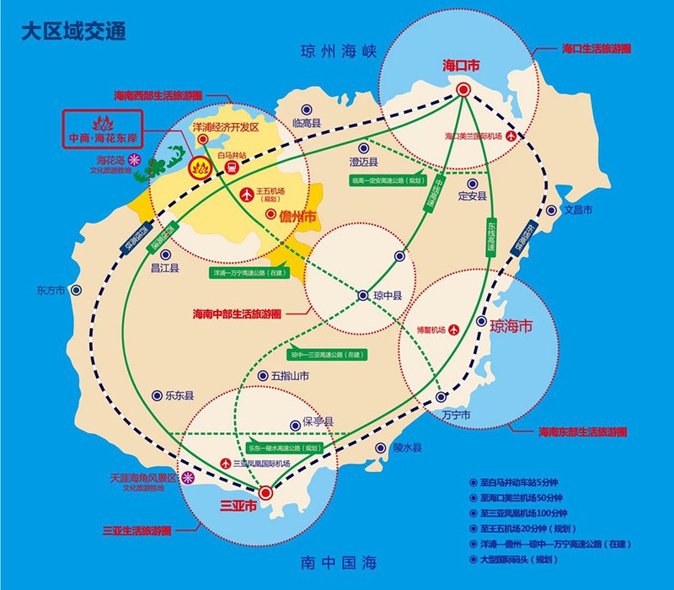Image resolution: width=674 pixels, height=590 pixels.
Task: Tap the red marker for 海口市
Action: point(463,89)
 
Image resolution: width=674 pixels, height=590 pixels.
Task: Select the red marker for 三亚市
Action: point(265,492)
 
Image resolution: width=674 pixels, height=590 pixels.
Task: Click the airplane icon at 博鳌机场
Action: point(455,330)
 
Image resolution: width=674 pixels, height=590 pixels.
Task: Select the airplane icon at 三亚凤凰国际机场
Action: point(226,464)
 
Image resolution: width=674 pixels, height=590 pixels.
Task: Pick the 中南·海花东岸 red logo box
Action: point(105,128)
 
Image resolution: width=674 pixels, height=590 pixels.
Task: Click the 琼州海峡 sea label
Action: point(336,52)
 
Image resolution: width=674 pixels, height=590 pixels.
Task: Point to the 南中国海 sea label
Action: point(336,561)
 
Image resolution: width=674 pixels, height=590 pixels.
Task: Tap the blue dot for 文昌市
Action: point(551,210)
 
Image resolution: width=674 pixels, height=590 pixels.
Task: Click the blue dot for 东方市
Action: point(77,290)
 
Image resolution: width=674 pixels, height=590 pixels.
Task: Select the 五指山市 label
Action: point(290,375)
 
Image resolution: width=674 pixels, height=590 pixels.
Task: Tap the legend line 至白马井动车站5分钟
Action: point(522,483)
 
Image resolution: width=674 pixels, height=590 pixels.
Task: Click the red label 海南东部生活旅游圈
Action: point(582,432)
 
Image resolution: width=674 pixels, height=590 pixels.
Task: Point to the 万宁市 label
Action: point(456,414)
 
